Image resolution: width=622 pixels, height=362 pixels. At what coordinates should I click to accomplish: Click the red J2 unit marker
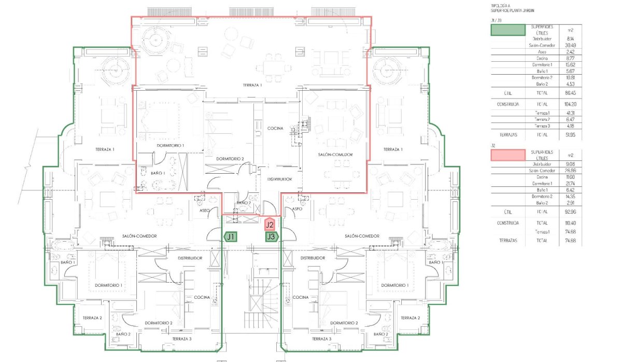269,225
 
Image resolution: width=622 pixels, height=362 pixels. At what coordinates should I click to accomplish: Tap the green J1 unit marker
231,236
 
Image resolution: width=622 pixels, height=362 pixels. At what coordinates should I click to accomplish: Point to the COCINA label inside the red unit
275,128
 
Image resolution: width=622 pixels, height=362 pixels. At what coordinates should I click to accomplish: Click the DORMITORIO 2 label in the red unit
230,158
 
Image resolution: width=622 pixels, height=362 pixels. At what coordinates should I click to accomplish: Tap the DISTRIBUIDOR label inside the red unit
279,179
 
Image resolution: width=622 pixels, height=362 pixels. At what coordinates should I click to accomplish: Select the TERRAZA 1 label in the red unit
252,85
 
